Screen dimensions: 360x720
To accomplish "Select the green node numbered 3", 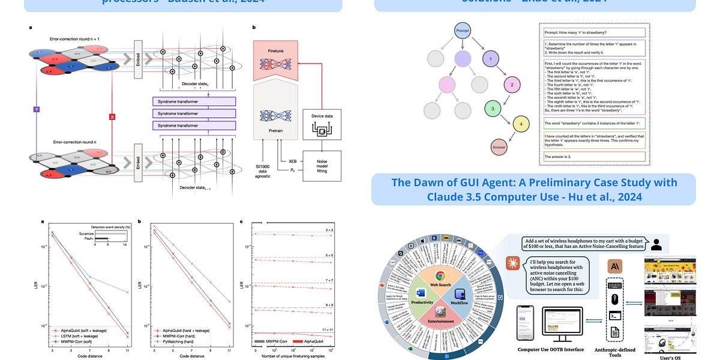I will (x=493, y=109).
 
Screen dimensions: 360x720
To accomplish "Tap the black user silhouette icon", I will (x=656, y=244).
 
